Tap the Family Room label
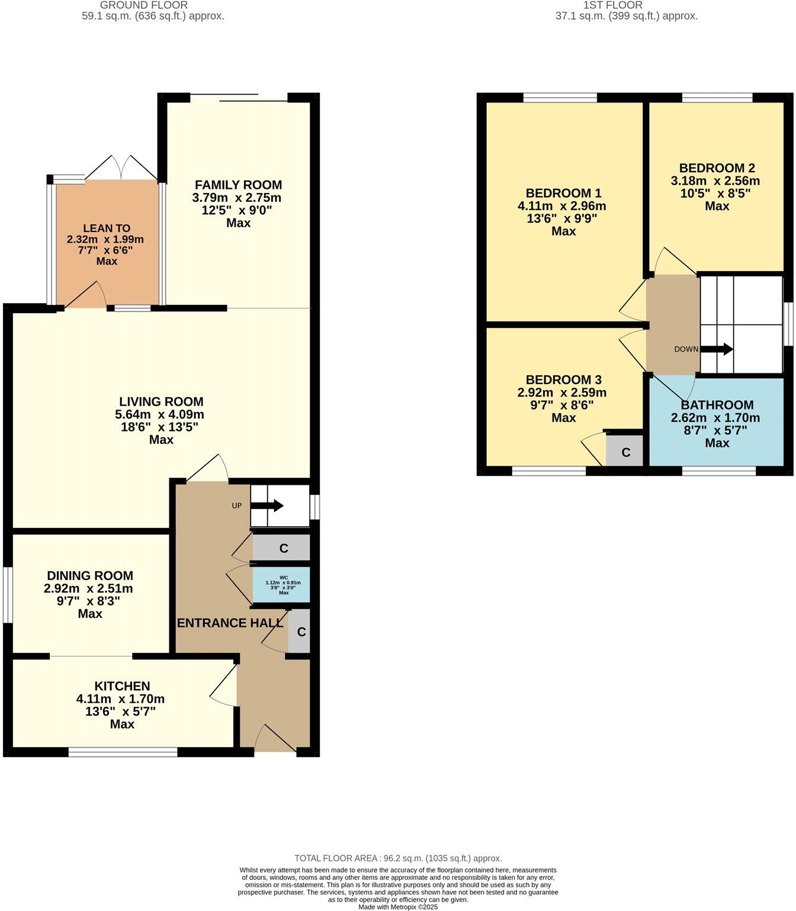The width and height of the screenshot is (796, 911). tap(238, 185)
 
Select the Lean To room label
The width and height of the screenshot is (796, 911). tap(107, 228)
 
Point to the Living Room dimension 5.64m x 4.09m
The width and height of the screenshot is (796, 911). tap(161, 414)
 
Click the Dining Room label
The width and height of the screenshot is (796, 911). tap(90, 575)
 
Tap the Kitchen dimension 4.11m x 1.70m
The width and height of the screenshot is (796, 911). tap(121, 699)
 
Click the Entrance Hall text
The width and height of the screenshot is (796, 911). tap(230, 623)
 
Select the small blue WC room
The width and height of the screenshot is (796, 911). tap(282, 584)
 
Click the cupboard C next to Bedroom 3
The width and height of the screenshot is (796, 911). tap(625, 453)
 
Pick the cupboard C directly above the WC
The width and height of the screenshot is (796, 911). tap(283, 548)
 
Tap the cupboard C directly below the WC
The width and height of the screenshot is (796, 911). tap(301, 632)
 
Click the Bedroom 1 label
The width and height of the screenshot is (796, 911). tap(563, 193)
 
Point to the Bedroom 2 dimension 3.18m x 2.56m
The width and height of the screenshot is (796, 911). tap(717, 181)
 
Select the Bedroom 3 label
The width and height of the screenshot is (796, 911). tap(563, 379)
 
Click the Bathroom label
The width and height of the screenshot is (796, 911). tap(717, 405)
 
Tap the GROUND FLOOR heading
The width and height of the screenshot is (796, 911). tap(153, 5)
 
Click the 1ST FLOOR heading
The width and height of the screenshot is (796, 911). tap(626, 5)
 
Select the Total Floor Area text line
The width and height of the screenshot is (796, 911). tap(398, 858)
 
